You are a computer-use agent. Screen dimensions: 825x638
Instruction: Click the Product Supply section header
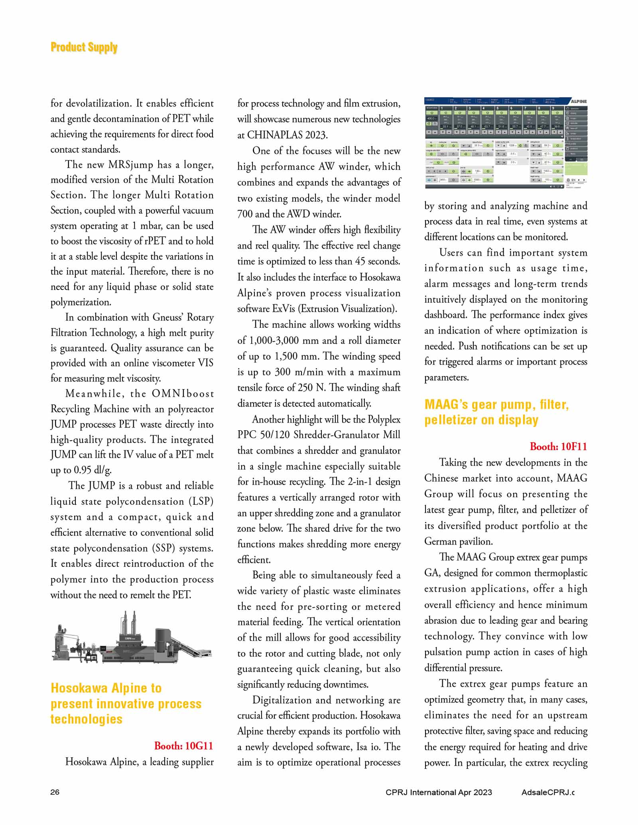(x=84, y=47)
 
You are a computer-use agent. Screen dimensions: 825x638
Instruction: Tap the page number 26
(x=55, y=792)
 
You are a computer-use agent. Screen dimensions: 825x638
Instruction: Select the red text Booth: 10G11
(x=183, y=746)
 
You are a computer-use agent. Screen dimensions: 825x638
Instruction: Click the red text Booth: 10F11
(x=558, y=447)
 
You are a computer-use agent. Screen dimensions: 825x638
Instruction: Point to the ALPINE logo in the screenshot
(x=578, y=101)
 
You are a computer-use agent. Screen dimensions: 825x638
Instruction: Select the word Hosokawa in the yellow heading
(x=79, y=688)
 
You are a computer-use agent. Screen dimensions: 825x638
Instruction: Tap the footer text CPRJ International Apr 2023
(x=439, y=792)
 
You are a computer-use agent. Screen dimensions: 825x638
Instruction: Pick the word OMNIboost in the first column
(x=183, y=394)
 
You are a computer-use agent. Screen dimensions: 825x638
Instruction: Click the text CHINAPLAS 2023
(x=287, y=135)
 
